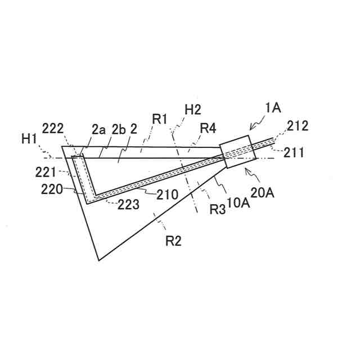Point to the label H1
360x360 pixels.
29,137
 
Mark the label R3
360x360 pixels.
218,209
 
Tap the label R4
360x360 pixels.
208,128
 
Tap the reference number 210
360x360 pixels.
166,195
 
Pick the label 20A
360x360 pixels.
262,192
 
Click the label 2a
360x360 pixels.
98,129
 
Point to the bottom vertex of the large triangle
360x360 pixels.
98,260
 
